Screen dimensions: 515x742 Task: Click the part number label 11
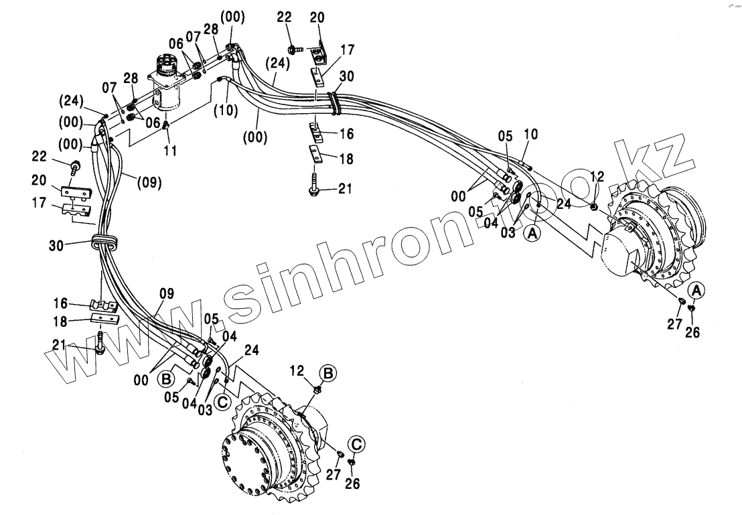click(x=171, y=151)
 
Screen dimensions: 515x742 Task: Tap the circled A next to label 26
click(x=696, y=289)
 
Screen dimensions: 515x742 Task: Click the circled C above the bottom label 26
click(x=357, y=443)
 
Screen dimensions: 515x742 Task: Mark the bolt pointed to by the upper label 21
click(x=313, y=186)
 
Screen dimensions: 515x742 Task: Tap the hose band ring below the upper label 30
click(x=333, y=102)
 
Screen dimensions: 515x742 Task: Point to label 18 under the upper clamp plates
click(x=346, y=159)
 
